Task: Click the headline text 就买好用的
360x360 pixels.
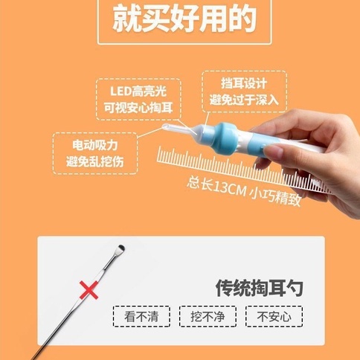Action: click(184, 19)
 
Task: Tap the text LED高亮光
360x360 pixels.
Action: click(138, 91)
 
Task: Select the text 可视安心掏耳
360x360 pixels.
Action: click(138, 108)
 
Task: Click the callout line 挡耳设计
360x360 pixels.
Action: click(206, 123)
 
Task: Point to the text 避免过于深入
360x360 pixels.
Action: click(244, 100)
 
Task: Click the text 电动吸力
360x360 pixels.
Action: click(95, 145)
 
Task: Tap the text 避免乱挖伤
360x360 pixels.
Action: click(95, 161)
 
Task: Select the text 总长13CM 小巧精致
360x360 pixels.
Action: click(244, 191)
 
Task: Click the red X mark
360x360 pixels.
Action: click(89, 290)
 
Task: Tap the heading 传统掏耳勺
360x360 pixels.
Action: click(259, 288)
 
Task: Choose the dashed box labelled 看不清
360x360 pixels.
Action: click(141, 316)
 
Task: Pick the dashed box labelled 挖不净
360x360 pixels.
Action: click(208, 316)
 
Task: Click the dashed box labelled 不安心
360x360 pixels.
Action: click(274, 316)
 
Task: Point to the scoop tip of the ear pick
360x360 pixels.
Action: click(120, 248)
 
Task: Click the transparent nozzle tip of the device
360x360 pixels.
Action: click(165, 127)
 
